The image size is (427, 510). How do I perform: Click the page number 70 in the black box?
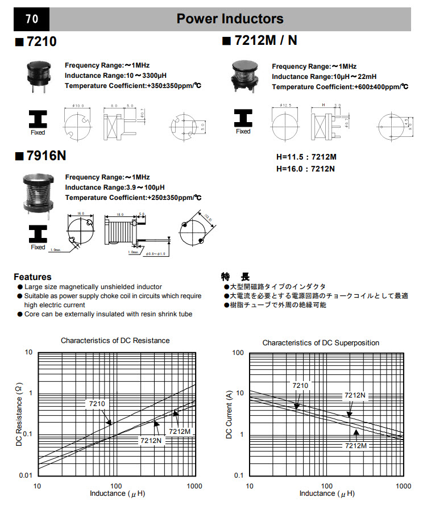coord(31,19)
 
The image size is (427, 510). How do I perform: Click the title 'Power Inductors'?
coord(230,19)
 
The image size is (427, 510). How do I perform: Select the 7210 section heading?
coord(35,41)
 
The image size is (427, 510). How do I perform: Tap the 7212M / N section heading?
coord(259,41)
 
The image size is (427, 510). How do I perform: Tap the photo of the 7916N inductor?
coord(37,193)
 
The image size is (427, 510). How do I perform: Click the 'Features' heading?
coord(32,277)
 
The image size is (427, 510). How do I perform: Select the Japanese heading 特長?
coord(235,277)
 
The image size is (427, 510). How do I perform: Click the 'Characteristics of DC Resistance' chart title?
coord(115,341)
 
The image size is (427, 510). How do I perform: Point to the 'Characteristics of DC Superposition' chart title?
coord(320,343)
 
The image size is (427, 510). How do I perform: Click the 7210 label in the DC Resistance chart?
coord(96,404)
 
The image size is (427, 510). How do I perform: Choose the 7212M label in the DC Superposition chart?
coord(356,446)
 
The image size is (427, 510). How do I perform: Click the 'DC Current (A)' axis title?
coord(230,414)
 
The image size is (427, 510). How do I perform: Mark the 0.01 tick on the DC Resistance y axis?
coord(26,475)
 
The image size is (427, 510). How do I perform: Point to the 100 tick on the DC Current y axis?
coord(238,353)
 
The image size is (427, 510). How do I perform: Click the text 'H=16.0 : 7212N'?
coord(305,169)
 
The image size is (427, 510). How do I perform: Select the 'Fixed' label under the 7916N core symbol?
coord(38,247)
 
